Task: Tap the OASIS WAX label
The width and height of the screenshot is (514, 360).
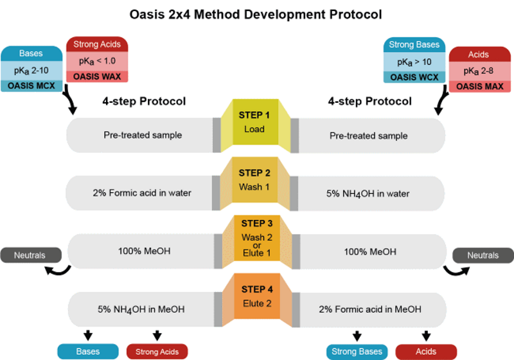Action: [x=98, y=76]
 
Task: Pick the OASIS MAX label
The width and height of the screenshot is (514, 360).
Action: [x=480, y=85]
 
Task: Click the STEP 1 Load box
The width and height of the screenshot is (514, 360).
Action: [x=254, y=122]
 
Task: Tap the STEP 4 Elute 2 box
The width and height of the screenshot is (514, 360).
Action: [x=254, y=296]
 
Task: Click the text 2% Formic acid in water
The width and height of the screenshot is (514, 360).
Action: [x=143, y=193]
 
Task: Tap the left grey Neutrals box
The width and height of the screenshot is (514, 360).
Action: [x=30, y=255]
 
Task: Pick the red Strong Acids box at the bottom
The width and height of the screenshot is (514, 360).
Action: [x=157, y=352]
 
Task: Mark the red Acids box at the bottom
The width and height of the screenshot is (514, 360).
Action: [x=425, y=352]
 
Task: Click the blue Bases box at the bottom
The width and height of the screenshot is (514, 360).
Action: [x=87, y=352]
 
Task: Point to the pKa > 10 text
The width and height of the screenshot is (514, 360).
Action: [x=415, y=62]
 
